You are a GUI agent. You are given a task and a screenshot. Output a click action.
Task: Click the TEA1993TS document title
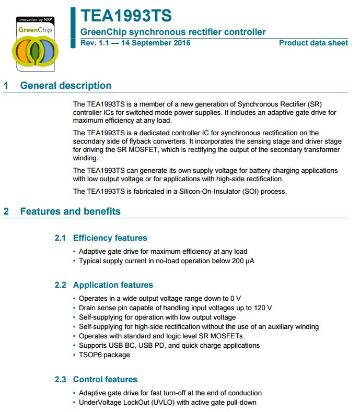click(126, 16)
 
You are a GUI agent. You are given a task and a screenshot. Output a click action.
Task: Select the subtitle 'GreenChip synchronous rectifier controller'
click(173, 32)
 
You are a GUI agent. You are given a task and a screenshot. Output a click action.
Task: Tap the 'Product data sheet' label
click(313, 43)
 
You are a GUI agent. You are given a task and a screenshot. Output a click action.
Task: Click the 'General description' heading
click(65, 86)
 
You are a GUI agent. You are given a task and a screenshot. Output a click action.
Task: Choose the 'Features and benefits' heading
click(70, 211)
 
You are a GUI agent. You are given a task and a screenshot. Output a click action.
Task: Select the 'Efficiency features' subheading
click(110, 238)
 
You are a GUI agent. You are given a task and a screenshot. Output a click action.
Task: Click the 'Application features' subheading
click(113, 285)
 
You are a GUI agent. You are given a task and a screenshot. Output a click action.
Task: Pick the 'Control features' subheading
click(105, 380)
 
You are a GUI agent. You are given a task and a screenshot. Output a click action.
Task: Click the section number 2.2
click(61, 285)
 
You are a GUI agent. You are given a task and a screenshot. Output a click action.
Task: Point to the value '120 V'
click(262, 308)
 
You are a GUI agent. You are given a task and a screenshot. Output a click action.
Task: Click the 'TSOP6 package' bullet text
click(104, 355)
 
